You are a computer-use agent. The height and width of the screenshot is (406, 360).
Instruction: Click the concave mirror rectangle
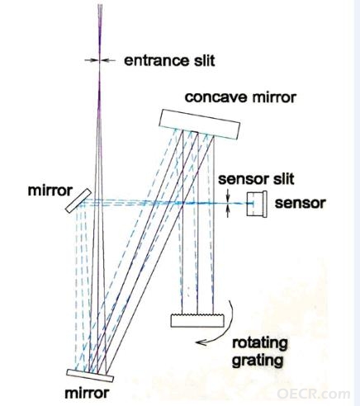pos(200,125)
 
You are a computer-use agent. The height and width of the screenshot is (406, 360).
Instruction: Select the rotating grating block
pos(197,320)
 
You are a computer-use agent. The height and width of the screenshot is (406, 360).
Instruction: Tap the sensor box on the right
pos(257,204)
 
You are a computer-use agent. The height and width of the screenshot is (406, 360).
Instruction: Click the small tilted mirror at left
pos(78,201)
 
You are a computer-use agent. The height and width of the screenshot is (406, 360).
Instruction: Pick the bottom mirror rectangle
pos(90,375)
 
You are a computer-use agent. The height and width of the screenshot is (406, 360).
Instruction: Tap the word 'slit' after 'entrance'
pos(204,60)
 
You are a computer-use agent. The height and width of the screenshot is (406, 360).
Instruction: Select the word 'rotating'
pos(260,343)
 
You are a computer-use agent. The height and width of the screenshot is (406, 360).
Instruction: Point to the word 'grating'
pos(258,361)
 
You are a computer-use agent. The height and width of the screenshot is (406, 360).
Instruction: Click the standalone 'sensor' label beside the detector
pos(301,203)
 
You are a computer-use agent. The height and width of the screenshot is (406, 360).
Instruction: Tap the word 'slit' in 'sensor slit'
pos(284,179)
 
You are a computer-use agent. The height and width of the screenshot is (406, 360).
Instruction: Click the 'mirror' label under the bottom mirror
pos(87,394)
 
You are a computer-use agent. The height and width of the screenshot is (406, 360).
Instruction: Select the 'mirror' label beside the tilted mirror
pos(50,191)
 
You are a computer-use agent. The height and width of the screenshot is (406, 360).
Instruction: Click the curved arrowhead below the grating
pos(201,342)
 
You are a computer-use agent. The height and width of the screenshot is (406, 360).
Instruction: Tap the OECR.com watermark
pos(314,394)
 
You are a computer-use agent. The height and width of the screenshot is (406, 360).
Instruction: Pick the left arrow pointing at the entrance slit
pos(92,60)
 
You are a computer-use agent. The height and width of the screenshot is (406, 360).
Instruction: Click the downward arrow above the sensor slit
pos(228,195)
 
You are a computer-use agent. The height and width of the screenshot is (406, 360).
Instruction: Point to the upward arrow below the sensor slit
pos(228,211)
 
